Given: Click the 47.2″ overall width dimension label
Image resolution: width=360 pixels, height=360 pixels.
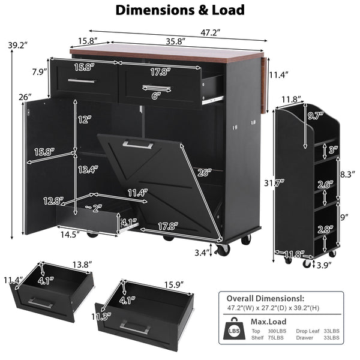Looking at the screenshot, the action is click(211, 33).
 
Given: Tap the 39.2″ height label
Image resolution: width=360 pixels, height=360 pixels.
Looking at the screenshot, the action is click(18, 45).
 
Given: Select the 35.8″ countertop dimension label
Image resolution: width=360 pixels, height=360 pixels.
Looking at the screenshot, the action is click(176, 41).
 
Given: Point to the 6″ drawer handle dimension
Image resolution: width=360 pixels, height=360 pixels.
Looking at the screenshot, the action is click(156, 96).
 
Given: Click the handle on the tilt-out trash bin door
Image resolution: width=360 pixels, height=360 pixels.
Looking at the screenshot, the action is click(138, 145).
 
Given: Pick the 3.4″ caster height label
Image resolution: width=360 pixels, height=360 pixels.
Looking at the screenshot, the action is click(202, 253).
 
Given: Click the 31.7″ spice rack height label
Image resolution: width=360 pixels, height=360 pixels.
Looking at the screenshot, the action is click(274, 183).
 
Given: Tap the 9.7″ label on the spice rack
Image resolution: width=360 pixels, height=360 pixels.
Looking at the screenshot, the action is click(316, 116).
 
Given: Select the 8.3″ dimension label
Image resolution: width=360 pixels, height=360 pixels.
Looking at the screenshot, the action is click(347, 175).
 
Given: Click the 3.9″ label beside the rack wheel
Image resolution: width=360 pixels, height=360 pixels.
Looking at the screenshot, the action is click(324, 265).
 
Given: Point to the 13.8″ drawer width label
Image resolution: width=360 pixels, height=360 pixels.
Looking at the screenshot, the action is click(82, 265).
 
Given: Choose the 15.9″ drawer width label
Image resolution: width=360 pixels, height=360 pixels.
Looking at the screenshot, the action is click(174, 285).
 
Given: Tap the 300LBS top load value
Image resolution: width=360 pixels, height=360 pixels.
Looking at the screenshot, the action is click(277, 331).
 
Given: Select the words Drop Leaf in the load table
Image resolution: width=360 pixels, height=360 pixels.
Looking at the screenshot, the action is click(308, 331).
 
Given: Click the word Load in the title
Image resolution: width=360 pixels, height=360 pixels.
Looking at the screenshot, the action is click(228, 10).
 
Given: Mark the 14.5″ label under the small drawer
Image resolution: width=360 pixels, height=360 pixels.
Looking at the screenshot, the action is click(70, 235).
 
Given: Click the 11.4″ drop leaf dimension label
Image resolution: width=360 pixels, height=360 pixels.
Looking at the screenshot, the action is click(279, 75).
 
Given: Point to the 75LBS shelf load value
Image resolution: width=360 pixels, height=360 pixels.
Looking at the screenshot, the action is click(276, 338).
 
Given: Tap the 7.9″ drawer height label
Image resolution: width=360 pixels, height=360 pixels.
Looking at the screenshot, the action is click(40, 72).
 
